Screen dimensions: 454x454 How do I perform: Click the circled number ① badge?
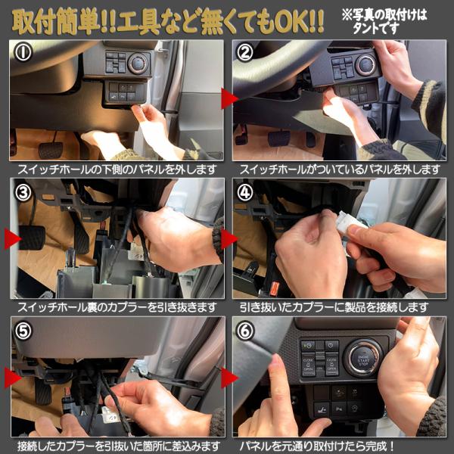point(23,52)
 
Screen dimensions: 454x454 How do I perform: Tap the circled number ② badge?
point(245,52)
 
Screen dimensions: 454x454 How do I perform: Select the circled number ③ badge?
point(23,192)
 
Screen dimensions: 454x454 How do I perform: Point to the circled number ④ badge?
point(245,192)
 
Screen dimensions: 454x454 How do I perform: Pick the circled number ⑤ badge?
point(23,331)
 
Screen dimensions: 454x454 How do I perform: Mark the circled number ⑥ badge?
point(245,331)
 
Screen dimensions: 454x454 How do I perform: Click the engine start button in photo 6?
point(363,358)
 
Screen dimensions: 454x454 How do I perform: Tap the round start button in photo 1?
point(138,64)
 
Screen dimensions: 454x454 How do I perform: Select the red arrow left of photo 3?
point(13,239)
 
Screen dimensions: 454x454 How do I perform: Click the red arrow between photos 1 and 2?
point(229,98)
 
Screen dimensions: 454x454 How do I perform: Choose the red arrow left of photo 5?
point(13,378)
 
